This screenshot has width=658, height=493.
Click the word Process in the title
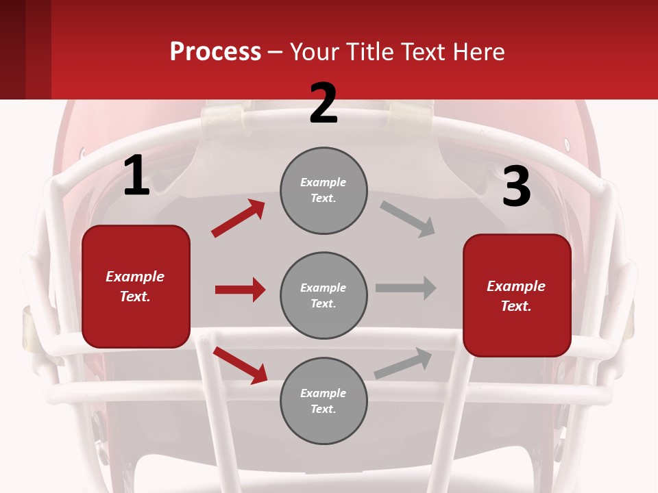(x=215, y=52)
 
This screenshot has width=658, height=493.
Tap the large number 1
(x=136, y=176)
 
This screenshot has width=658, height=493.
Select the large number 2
(x=324, y=103)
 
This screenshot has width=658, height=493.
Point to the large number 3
(x=516, y=187)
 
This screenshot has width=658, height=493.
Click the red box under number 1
(x=136, y=286)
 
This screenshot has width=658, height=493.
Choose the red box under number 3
(x=517, y=296)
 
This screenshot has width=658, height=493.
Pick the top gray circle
(x=324, y=190)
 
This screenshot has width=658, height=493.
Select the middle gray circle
(x=324, y=295)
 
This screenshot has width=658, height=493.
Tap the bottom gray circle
(x=324, y=401)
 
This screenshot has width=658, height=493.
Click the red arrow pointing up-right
(x=238, y=218)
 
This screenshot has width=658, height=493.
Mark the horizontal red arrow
(x=240, y=290)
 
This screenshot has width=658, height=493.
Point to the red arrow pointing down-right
(x=240, y=365)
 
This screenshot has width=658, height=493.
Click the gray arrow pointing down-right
(x=408, y=219)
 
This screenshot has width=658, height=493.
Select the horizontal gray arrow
(x=406, y=288)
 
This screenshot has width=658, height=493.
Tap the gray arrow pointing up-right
(x=403, y=364)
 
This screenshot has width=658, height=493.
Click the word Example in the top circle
(x=324, y=183)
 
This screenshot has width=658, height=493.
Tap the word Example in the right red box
(x=516, y=286)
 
